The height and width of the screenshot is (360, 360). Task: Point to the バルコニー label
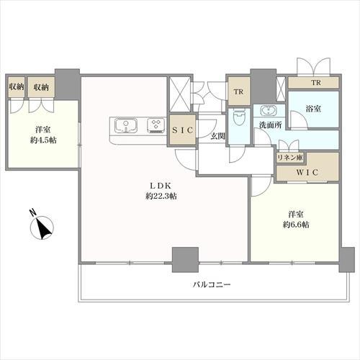point(211,285)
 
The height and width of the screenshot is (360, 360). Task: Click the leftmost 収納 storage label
point(17,87)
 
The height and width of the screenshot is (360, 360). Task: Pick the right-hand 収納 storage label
point(40,87)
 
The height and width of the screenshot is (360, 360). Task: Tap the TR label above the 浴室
point(314,84)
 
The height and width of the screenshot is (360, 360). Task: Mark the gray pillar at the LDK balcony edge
point(185,258)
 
